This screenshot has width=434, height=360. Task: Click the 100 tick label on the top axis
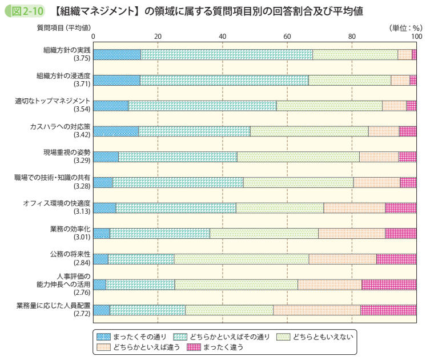point(416,37)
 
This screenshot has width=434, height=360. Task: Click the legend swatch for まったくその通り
point(103,336)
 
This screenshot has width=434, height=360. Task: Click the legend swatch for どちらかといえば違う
point(103,347)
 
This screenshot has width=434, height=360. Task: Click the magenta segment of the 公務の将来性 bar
point(396,259)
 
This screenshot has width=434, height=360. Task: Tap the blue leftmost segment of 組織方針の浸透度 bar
point(116,80)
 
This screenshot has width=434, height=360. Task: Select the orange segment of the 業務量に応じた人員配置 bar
point(316,310)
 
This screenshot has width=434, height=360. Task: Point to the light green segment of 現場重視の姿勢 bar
point(298,157)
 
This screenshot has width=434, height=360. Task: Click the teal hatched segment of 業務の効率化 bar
point(159,233)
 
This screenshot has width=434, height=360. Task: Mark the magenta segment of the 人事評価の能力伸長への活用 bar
point(388,285)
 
